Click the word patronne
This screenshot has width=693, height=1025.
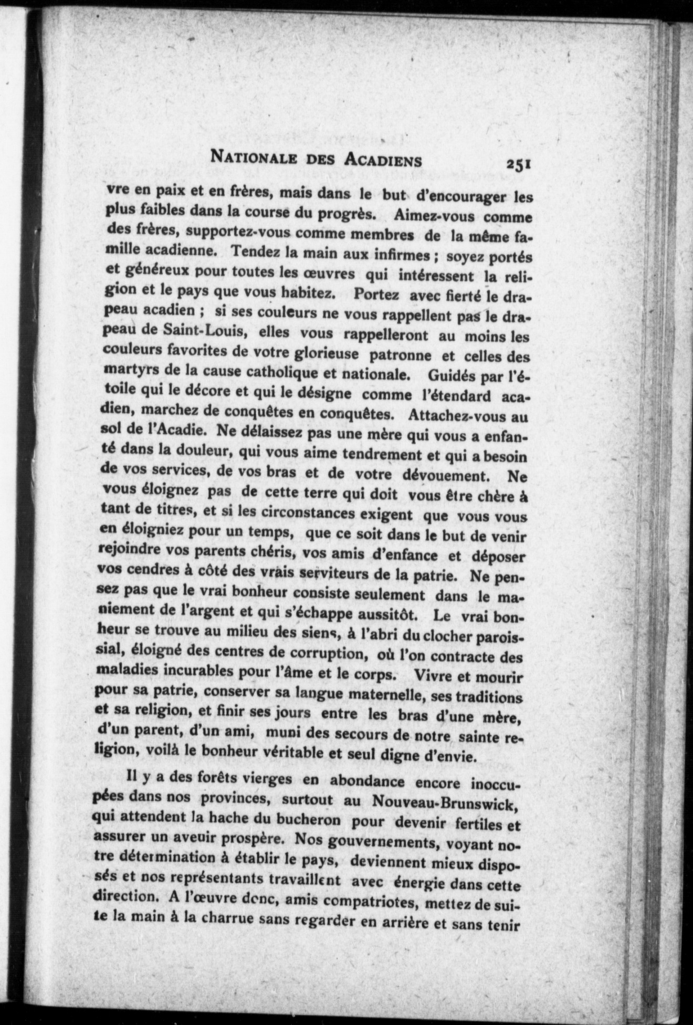pyautogui.click(x=400, y=355)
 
